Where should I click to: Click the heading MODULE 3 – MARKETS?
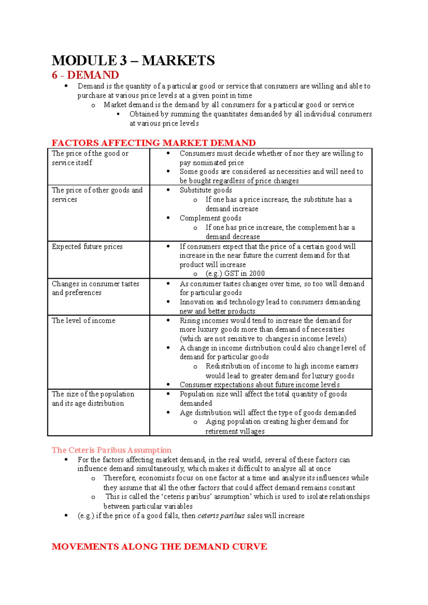click(x=133, y=61)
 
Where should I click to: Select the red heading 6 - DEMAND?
click(x=85, y=75)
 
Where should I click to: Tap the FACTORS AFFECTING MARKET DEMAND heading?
click(x=153, y=143)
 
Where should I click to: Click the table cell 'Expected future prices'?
click(x=87, y=247)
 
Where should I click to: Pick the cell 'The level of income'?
click(x=83, y=320)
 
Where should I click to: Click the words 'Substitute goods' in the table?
click(x=206, y=190)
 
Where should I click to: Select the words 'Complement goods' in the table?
click(x=210, y=218)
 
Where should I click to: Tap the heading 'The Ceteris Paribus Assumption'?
click(x=111, y=450)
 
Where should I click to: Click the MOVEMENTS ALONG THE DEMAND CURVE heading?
click(x=159, y=547)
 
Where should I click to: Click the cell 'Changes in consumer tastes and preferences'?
click(x=95, y=288)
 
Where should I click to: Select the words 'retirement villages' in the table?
click(x=235, y=431)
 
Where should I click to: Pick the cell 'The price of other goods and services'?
click(x=97, y=195)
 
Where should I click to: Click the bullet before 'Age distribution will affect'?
click(x=168, y=412)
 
